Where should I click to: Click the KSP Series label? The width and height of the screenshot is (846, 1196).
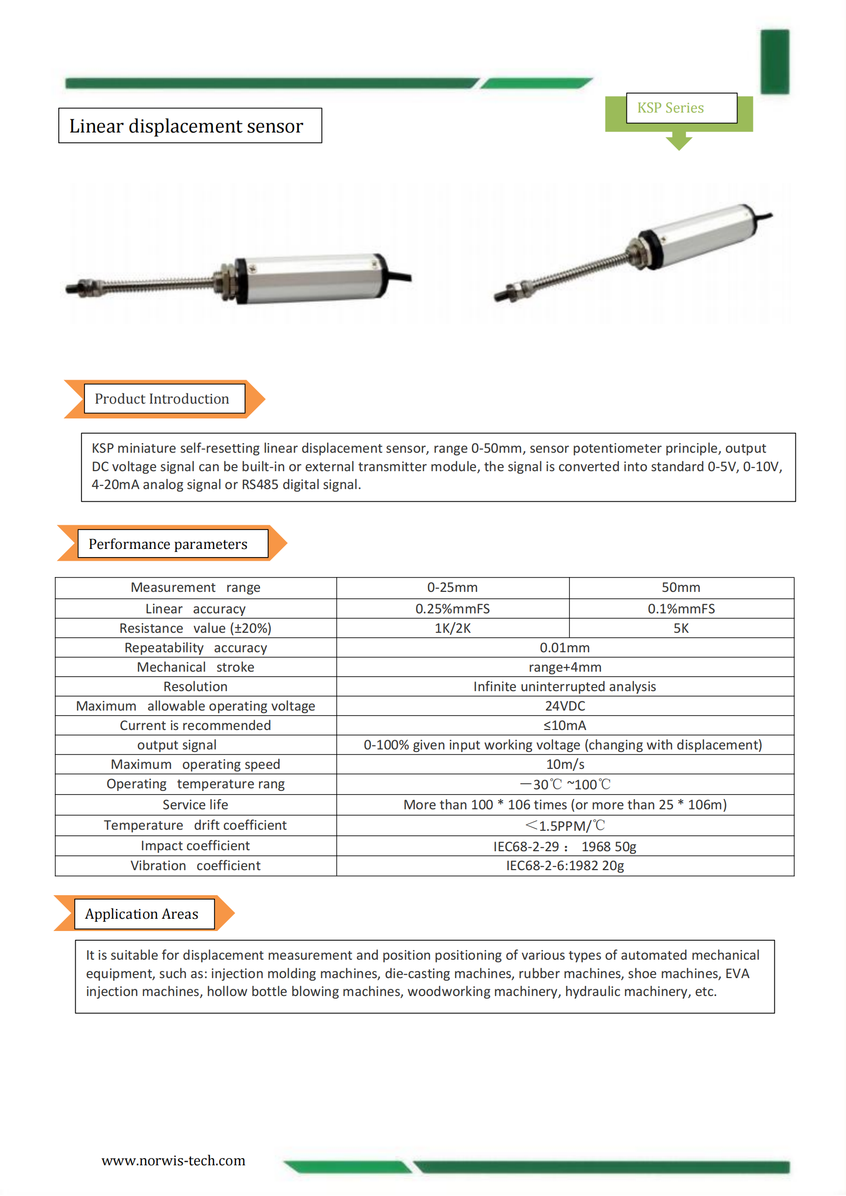point(670,108)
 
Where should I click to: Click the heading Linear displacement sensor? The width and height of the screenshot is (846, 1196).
point(186,126)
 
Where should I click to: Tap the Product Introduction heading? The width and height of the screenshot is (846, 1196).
point(162,399)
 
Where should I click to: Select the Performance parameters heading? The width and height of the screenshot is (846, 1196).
point(168,544)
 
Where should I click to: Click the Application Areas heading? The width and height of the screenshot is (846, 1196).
point(142,914)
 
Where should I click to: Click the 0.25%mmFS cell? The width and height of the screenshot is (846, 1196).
point(452,609)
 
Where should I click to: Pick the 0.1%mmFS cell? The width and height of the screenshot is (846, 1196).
point(681,609)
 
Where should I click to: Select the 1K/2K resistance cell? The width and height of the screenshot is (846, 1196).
point(452,628)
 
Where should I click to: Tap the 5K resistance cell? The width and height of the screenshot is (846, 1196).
point(681,628)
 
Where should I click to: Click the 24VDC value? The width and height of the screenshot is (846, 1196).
point(565,706)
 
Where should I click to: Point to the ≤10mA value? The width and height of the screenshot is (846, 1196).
point(565,725)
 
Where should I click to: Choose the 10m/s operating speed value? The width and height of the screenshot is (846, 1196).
point(565,764)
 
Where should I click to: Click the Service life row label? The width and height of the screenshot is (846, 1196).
point(196,805)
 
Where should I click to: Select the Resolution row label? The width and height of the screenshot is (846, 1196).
point(196,686)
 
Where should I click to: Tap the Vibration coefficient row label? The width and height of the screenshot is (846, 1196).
point(196,866)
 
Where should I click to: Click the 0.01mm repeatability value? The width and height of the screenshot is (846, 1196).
point(565,648)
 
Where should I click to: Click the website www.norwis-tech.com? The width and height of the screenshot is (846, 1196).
point(173,1161)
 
